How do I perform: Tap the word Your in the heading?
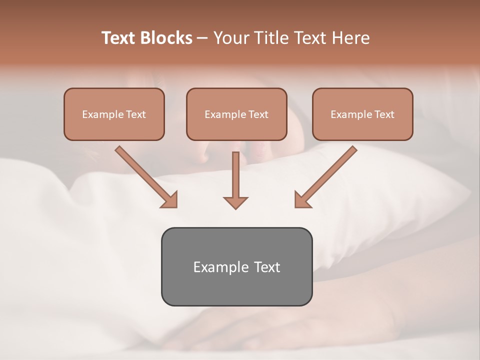(x=229, y=38)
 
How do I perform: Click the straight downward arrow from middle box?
(x=235, y=175)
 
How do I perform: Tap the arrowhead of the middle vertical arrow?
(x=235, y=202)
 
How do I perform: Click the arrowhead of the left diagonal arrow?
(x=169, y=200)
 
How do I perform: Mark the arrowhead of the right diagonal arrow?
(x=302, y=200)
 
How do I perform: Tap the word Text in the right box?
(x=384, y=114)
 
